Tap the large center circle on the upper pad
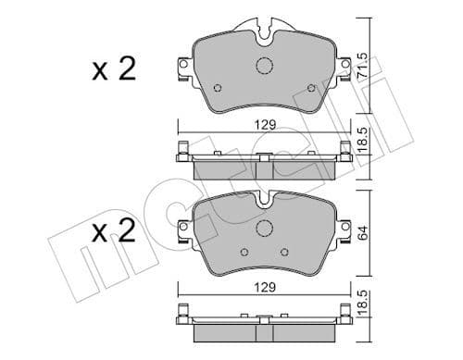[264, 67]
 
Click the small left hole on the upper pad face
[217, 89]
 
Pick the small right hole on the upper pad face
[313, 89]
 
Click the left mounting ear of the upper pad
[181, 68]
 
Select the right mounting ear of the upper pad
[347, 68]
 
